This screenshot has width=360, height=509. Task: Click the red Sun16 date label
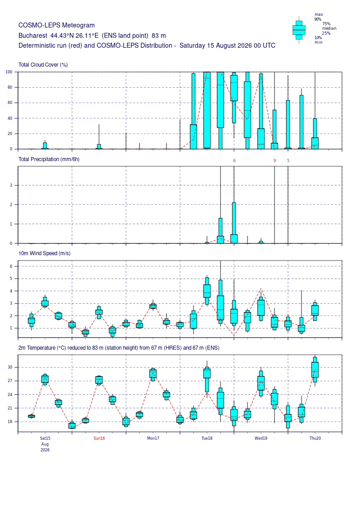tap(99, 438)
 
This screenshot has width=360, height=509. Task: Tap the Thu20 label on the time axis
tap(315, 438)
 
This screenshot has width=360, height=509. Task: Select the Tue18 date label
tap(207, 438)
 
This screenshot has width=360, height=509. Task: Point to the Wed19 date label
tap(261, 438)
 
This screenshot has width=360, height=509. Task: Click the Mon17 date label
tap(153, 438)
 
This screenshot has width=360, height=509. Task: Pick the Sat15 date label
tap(45, 438)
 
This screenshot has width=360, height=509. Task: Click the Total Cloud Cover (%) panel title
tap(43, 65)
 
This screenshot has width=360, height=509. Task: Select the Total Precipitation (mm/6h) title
tap(49, 159)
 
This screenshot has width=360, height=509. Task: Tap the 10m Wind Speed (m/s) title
tap(45, 253)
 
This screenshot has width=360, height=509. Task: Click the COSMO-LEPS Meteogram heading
tap(57, 25)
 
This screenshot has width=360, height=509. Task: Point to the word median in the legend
tap(329, 28)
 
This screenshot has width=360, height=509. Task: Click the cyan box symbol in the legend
tap(299, 30)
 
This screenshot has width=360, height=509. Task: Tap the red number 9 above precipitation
tap(274, 161)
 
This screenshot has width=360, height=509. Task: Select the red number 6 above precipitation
tap(234, 161)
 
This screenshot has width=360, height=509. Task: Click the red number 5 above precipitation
tap(288, 161)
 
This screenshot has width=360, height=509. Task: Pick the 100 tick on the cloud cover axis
tap(9, 72)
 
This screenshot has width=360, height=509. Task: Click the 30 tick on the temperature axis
tap(10, 368)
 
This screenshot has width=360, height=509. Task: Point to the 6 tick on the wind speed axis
tap(11, 266)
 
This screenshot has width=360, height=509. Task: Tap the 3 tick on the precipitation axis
tap(11, 185)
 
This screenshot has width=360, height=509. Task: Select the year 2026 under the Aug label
tap(45, 450)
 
